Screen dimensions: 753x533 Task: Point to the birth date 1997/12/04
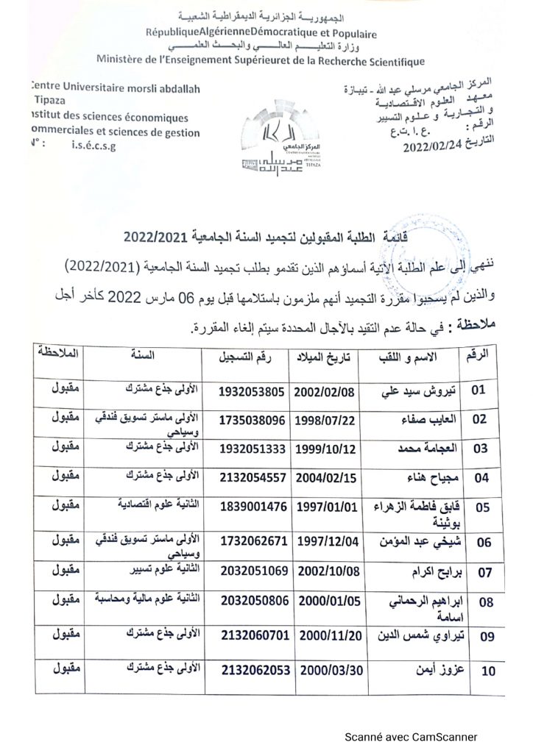[x=326, y=543]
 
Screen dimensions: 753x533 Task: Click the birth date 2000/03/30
[x=327, y=671]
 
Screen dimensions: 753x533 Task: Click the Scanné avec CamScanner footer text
[x=412, y=736]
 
